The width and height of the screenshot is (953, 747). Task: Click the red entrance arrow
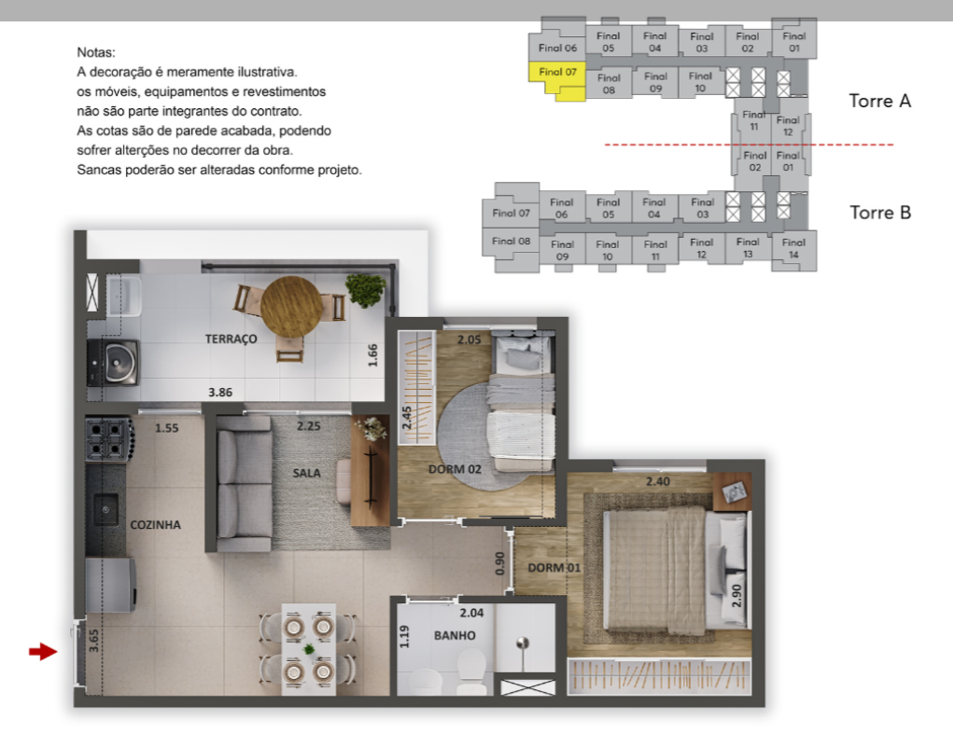click(x=43, y=652)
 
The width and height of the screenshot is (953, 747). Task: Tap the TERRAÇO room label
click(x=231, y=339)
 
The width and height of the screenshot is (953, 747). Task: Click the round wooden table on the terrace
click(x=292, y=307)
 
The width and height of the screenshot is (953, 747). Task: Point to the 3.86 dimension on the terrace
click(x=220, y=393)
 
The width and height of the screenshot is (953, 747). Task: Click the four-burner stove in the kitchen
click(x=109, y=438)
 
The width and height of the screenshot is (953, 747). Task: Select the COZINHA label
click(x=156, y=525)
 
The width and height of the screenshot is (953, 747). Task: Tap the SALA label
click(x=306, y=473)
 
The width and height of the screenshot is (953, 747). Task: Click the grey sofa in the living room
click(x=244, y=483)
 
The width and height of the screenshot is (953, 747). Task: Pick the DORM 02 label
click(x=455, y=469)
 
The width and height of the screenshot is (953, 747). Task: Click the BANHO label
click(x=455, y=635)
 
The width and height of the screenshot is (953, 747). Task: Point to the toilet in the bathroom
click(x=471, y=674)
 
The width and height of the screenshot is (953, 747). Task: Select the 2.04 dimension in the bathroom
click(x=471, y=614)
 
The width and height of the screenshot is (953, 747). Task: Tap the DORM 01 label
click(x=554, y=568)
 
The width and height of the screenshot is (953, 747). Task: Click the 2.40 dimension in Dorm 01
click(x=658, y=481)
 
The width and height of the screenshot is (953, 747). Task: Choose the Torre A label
click(x=880, y=101)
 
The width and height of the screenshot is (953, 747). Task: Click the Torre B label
click(x=880, y=213)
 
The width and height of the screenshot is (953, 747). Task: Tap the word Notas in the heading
click(x=95, y=52)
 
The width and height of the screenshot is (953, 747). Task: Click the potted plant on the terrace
click(x=365, y=290)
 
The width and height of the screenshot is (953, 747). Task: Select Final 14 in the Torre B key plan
click(x=793, y=248)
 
